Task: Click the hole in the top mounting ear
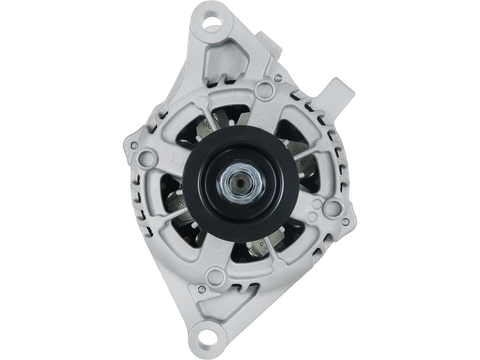tap(211, 20)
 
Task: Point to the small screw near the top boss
tap(278, 79)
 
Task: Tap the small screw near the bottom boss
tap(201, 289)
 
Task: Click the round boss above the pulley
tap(265, 91)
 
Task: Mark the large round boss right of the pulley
tap(332, 208)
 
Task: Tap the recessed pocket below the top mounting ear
tap(226, 63)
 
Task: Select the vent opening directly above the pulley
tap(231, 115)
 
